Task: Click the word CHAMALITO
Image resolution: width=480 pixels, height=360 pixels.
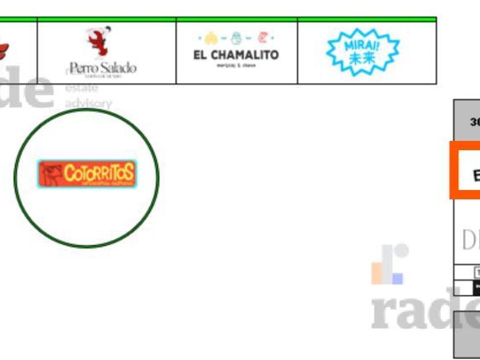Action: pyautogui.click(x=244, y=55)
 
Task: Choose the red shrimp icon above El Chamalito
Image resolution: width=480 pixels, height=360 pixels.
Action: pyautogui.click(x=262, y=38)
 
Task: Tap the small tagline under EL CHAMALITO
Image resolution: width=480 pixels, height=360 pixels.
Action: pyautogui.click(x=236, y=66)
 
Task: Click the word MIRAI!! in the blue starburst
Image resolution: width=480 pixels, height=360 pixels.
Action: pyautogui.click(x=362, y=45)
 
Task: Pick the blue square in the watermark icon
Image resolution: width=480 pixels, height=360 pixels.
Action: pyautogui.click(x=397, y=278)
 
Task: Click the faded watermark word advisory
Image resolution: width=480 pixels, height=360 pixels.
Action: pyautogui.click(x=88, y=103)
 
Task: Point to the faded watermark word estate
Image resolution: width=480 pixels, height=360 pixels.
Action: pyautogui.click(x=82, y=88)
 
